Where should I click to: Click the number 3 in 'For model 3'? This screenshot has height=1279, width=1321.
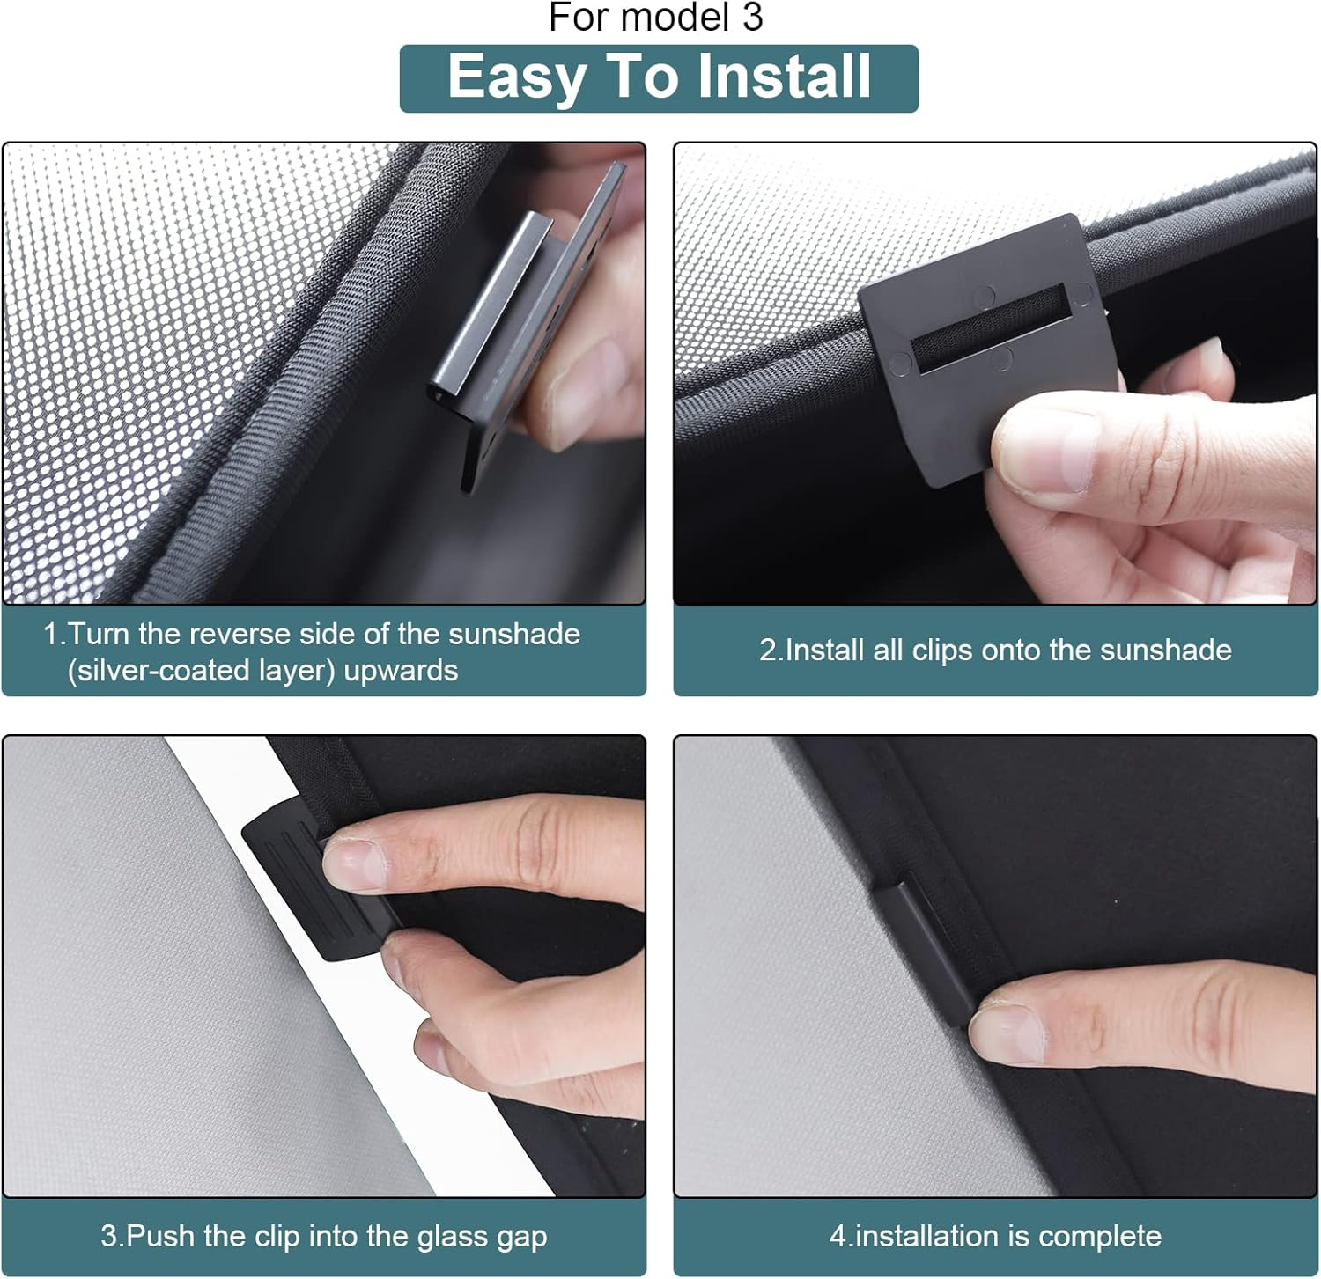(x=752, y=18)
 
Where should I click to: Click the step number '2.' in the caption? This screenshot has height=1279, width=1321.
(x=771, y=651)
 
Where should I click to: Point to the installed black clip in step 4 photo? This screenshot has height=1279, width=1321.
(x=925, y=951)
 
